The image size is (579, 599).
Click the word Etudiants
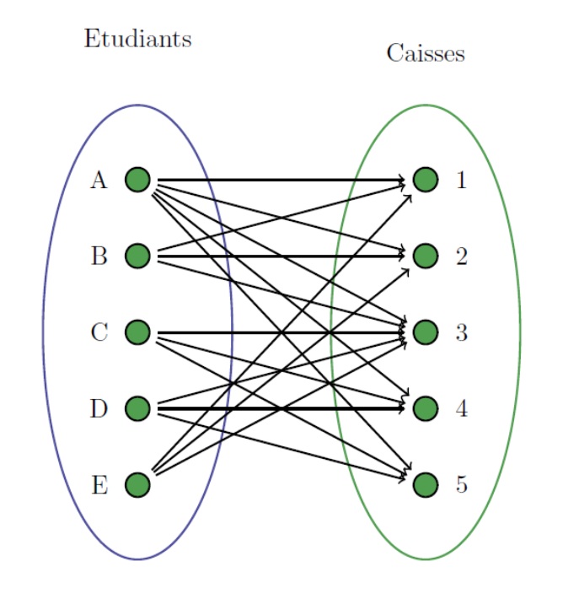click(x=137, y=39)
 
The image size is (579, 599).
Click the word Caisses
click(x=426, y=53)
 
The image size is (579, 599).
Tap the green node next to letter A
click(x=137, y=180)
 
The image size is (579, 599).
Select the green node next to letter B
click(x=137, y=256)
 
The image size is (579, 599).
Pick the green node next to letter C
click(x=137, y=332)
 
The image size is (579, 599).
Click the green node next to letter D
click(x=137, y=409)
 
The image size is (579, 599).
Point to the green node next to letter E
click(x=137, y=485)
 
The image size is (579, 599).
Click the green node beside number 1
click(x=426, y=180)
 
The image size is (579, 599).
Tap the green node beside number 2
click(x=426, y=256)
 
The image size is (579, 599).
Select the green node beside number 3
click(x=426, y=332)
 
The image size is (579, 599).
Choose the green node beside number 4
click(x=426, y=409)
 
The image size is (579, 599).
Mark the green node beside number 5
click(x=426, y=485)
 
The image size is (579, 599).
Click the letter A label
click(x=99, y=180)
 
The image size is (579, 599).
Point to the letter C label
click(x=99, y=332)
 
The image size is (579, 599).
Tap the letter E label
click(x=99, y=485)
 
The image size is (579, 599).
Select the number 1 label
click(x=461, y=180)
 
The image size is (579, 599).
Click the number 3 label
click(x=461, y=332)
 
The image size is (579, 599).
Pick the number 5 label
click(x=461, y=485)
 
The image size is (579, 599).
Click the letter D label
click(x=99, y=409)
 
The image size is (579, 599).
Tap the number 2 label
click(x=461, y=256)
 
